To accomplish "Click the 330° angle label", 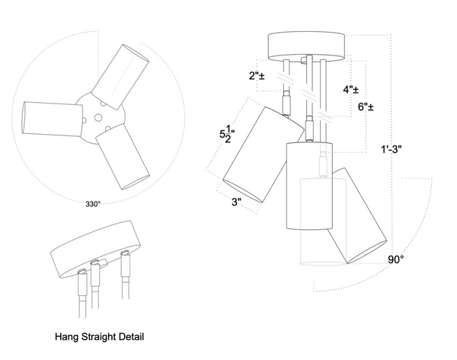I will [93, 204].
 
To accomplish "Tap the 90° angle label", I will [396, 260].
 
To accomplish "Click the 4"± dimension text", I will [352, 89].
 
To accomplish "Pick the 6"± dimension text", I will [366, 107].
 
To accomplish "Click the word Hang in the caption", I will [68, 336].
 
